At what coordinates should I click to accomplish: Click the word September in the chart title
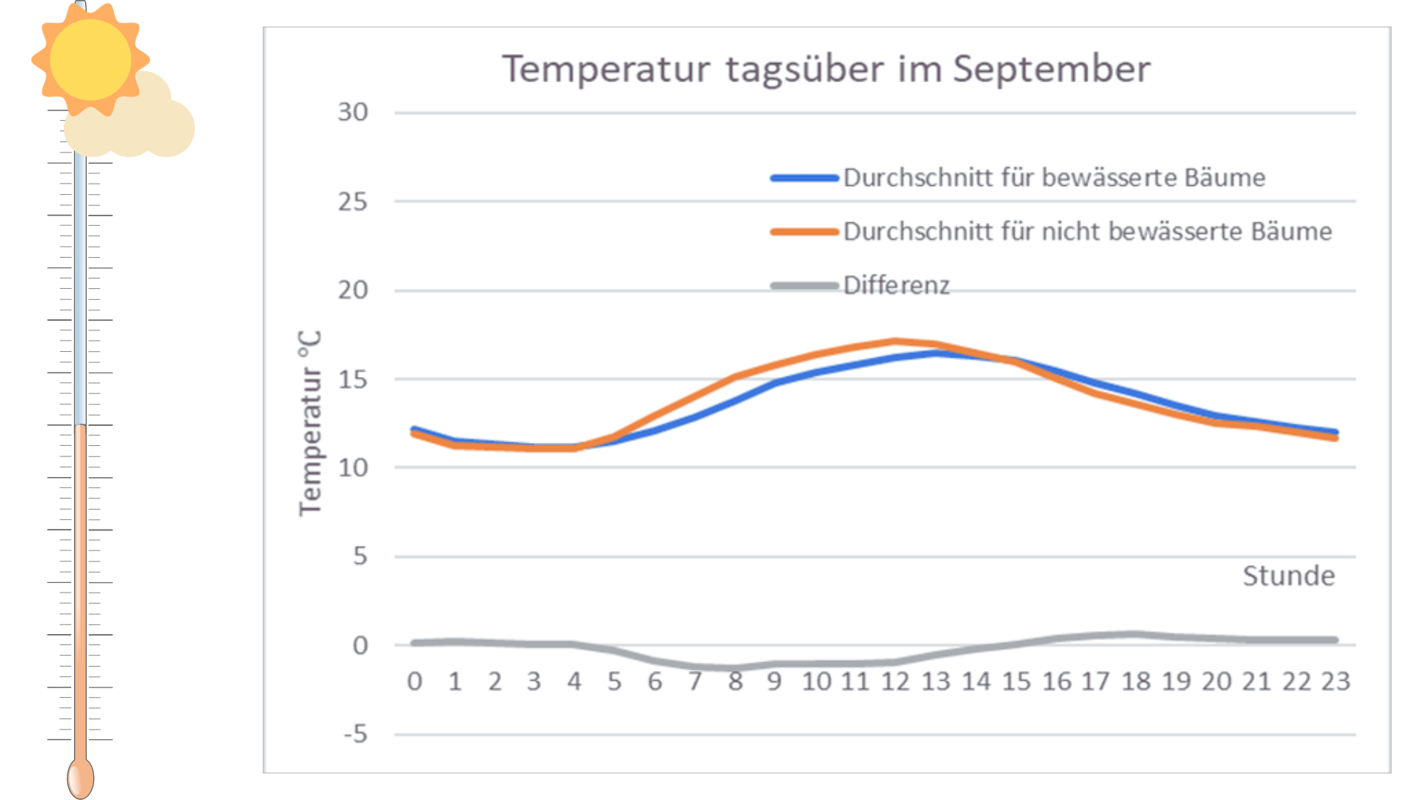(1051, 70)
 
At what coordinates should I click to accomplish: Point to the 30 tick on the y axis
(353, 113)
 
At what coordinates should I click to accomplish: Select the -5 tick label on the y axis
(355, 734)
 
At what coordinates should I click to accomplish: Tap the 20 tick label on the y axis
(353, 290)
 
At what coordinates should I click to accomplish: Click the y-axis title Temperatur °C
(311, 423)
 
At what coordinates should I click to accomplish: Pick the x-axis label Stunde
(1288, 576)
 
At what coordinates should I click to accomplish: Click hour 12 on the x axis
(895, 681)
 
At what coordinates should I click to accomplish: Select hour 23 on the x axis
(1336, 681)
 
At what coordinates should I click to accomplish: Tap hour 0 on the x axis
(414, 681)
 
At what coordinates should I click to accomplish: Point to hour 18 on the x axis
(1135, 681)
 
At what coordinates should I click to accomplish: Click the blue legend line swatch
(804, 178)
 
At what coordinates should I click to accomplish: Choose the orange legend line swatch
(804, 232)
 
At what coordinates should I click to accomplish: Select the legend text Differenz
(896, 285)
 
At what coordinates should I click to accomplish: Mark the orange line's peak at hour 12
(895, 341)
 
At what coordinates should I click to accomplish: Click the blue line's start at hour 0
(414, 429)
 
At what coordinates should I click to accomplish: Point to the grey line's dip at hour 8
(734, 668)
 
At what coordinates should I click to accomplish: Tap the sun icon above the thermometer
(90, 59)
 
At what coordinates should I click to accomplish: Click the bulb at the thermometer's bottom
(80, 779)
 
